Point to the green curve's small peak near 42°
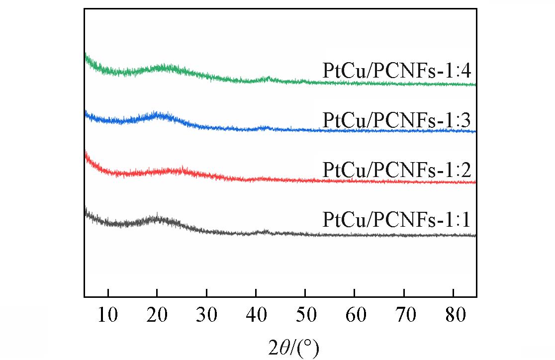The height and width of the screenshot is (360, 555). pos(268,79)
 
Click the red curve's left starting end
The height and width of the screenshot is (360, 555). pos(86,154)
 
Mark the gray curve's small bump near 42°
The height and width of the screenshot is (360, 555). pos(265,232)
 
